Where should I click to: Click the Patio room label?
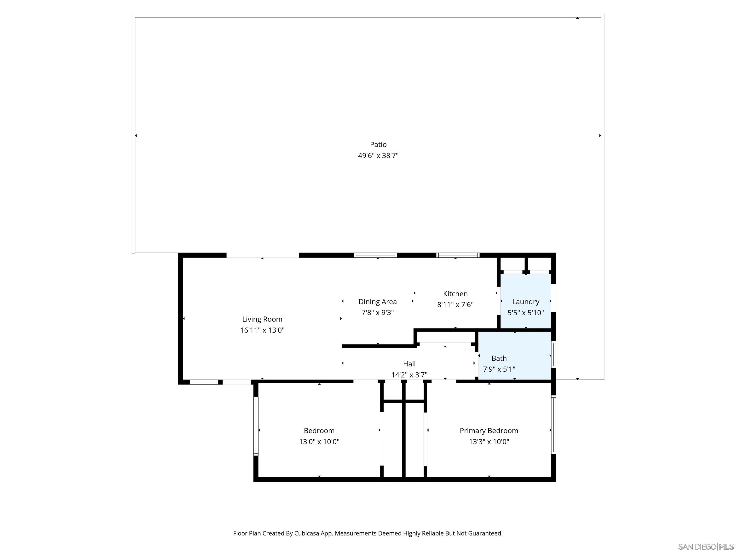[x=378, y=144]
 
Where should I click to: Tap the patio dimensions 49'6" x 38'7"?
[x=378, y=155]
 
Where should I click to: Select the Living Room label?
[x=262, y=319]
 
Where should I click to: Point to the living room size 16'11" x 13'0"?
[x=262, y=330]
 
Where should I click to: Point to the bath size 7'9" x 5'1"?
[x=499, y=369]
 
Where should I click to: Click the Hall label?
[x=409, y=364]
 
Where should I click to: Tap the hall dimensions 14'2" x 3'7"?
[x=409, y=375]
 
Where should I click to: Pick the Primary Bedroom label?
[x=489, y=431]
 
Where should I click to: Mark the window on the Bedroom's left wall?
[x=256, y=426]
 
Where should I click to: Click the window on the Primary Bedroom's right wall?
[x=553, y=425]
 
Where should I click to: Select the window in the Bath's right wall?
[x=553, y=354]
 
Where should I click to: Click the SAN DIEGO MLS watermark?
[x=705, y=547]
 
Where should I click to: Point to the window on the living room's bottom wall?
[x=204, y=382]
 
